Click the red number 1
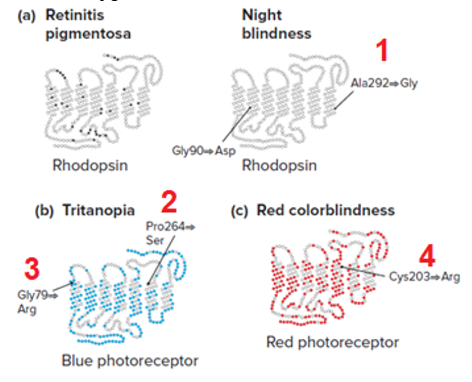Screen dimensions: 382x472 (382, 51)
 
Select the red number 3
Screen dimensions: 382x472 (31, 269)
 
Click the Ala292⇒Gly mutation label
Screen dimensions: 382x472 (385, 83)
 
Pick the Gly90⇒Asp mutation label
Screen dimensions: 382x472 (204, 150)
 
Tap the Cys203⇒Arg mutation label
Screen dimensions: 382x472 (424, 277)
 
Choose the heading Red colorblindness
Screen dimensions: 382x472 (325, 210)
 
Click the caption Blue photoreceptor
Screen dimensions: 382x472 (130, 361)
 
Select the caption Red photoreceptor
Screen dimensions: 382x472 (333, 342)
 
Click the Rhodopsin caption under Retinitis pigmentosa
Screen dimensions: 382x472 (90, 165)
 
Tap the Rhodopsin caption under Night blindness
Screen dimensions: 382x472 (279, 165)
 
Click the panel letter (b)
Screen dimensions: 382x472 (44, 211)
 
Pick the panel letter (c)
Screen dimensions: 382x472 (241, 211)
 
